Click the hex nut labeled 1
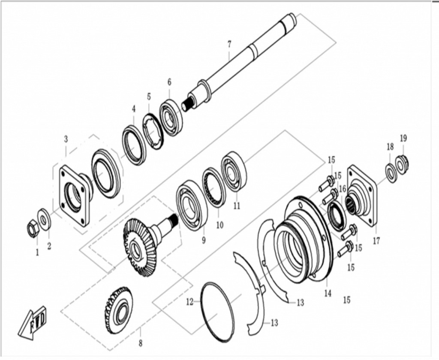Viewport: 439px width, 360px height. [x=32, y=230]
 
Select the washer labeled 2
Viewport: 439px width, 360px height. [x=44, y=218]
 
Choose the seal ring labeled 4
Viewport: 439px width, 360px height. [x=134, y=145]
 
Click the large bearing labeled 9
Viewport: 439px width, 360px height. [x=192, y=205]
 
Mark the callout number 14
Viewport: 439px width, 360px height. [x=328, y=294]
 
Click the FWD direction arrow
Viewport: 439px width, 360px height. [x=33, y=322]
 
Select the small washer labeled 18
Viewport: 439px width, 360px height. [x=391, y=173]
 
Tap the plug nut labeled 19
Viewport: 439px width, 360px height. [x=402, y=164]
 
